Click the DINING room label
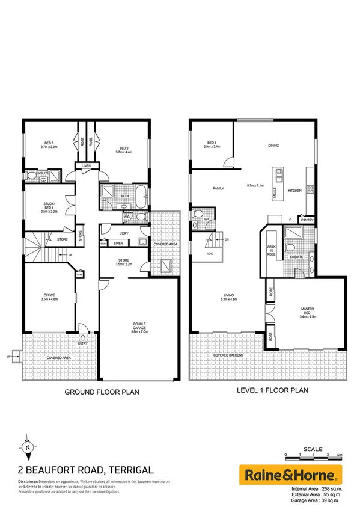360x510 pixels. (274, 146)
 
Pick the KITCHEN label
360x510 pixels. (294, 191)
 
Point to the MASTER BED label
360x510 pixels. (308, 311)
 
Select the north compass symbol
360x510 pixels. (26, 447)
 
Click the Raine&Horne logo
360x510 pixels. (290, 475)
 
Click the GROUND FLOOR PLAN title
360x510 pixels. (102, 392)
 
